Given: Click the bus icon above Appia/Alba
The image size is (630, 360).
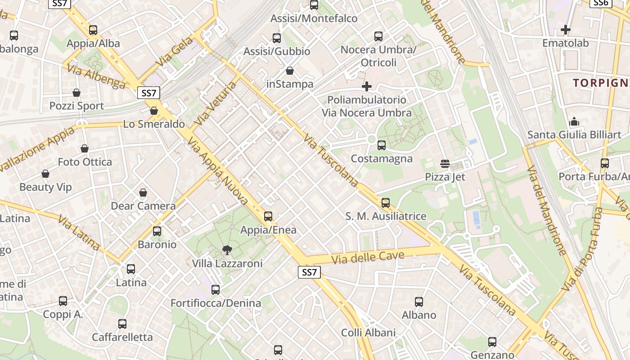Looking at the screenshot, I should tap(93, 30).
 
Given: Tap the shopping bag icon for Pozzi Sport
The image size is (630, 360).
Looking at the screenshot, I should tap(76, 93).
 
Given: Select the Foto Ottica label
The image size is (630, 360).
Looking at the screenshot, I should tap(85, 162).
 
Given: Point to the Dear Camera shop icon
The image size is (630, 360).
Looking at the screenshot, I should tap(143, 193).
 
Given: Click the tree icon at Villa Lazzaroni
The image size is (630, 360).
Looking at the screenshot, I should tap(227, 250).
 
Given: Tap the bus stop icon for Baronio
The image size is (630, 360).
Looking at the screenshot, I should tap(157, 231).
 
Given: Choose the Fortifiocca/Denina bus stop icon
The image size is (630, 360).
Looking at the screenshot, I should tap(216, 290).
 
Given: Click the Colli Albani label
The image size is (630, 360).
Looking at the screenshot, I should tap(369, 333).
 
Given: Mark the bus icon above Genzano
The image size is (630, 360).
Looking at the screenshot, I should tap(492, 342).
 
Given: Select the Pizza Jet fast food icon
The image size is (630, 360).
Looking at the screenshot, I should tap(445, 163).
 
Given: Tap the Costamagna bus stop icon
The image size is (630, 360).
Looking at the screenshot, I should tap(382, 145).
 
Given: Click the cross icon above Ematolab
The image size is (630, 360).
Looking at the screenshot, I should tap(566, 30).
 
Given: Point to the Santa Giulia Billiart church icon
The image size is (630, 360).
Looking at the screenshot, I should tap(574, 121).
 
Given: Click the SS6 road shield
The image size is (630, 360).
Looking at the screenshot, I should tap(601, 3).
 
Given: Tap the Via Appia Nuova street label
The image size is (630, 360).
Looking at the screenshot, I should tap(218, 171).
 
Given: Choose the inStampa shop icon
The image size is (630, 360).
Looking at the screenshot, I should tap(290, 71).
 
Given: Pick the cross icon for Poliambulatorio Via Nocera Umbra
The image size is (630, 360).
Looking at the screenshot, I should tap(367, 86).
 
